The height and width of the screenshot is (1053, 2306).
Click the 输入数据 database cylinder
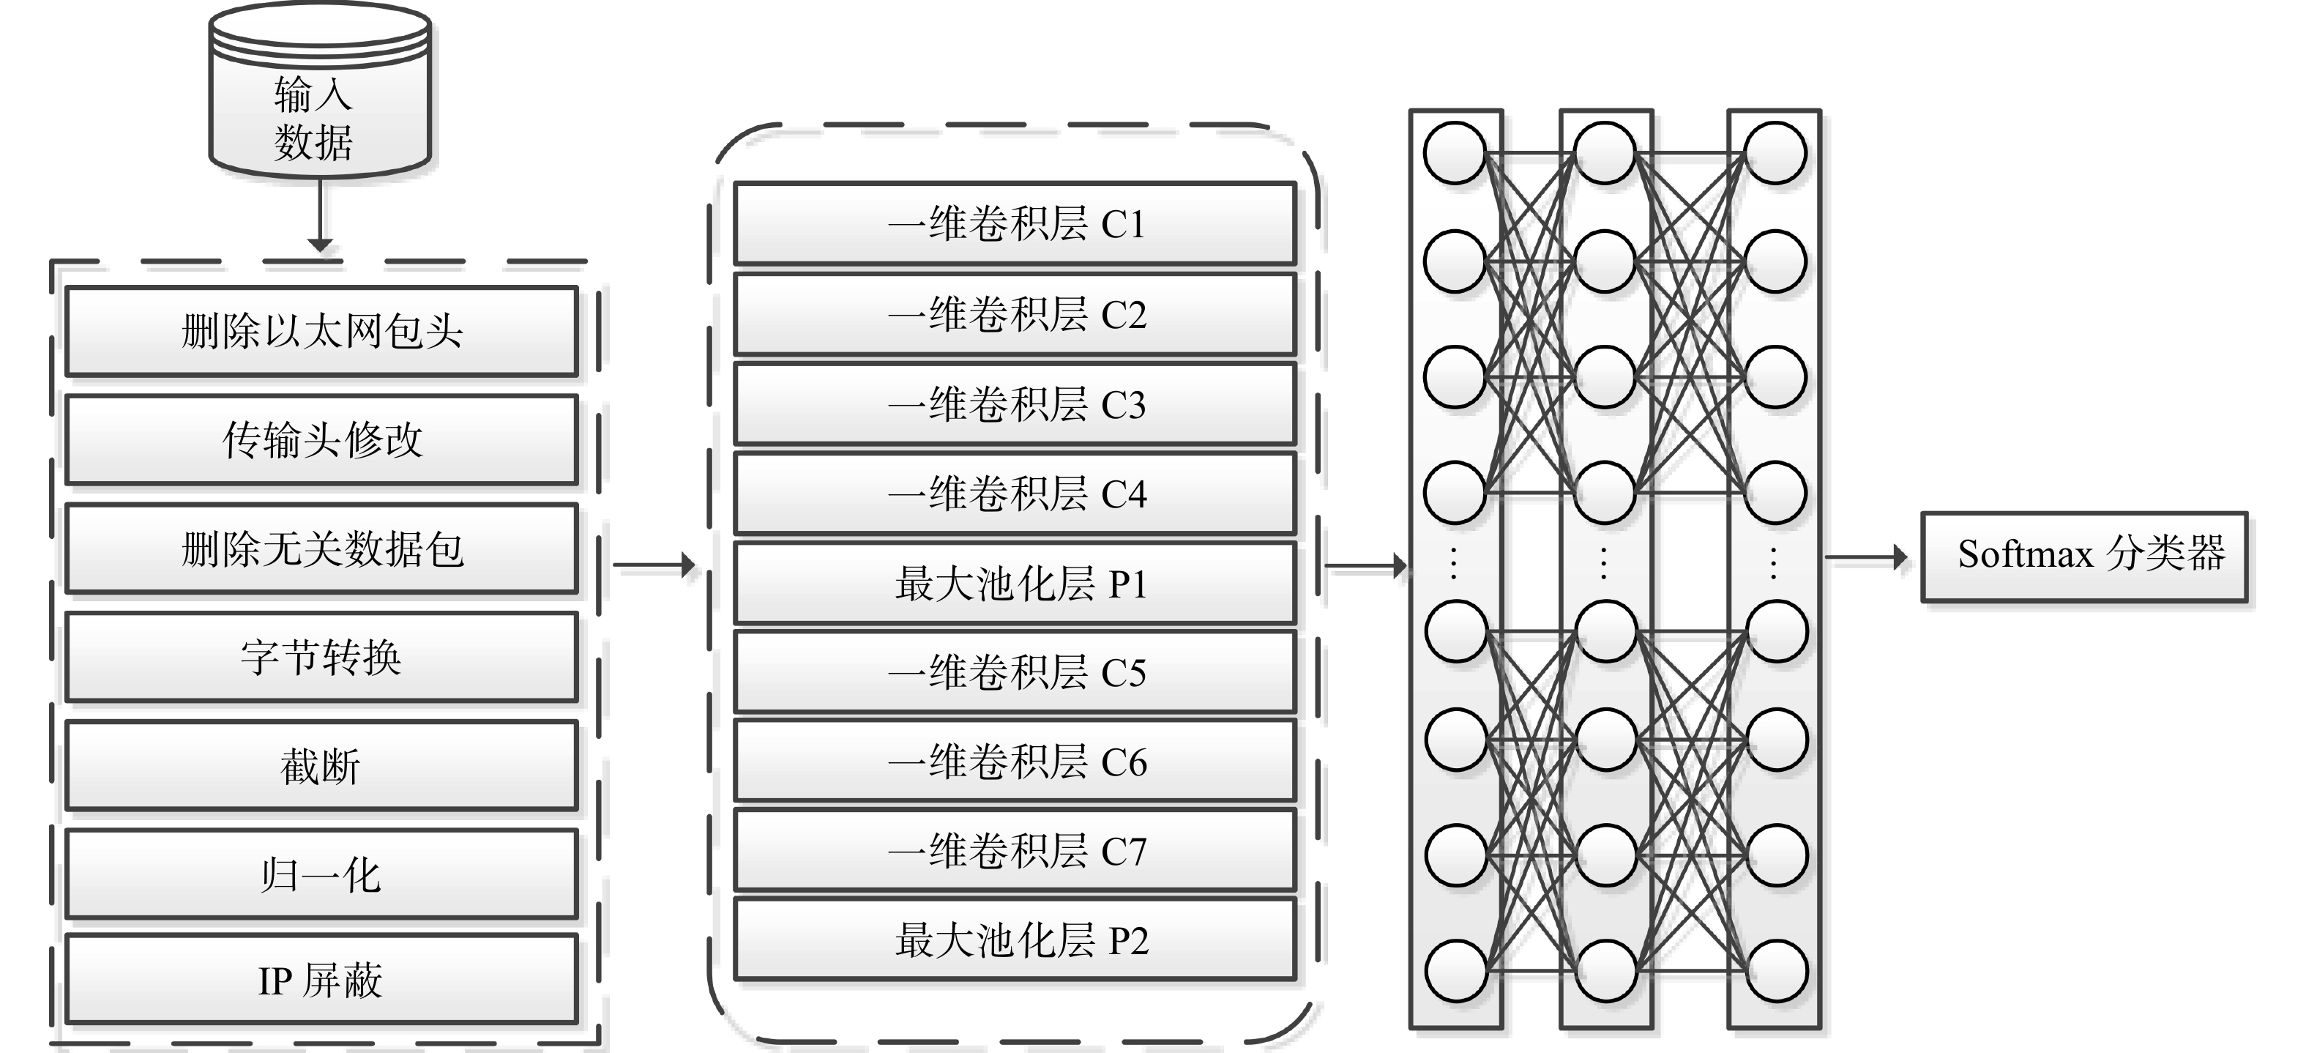pos(320,89)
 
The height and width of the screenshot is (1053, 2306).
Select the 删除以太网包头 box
pos(321,330)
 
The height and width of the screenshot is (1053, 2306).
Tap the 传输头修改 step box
pos(321,439)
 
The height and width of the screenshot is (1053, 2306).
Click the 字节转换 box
pos(321,658)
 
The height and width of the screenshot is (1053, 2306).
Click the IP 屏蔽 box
pos(321,980)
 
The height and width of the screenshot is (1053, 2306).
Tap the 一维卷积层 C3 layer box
pos(1015,403)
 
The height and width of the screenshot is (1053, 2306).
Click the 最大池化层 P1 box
pos(1015,583)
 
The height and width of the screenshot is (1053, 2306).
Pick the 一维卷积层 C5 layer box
pos(1015,672)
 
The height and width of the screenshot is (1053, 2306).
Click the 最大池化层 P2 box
pos(1015,940)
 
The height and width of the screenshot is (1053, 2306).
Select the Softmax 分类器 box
pos(2084,556)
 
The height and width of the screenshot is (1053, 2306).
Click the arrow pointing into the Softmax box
pos(1867,557)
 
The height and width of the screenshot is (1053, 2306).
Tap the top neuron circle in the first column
pos(1455,153)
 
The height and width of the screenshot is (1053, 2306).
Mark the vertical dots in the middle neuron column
pos(1603,563)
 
